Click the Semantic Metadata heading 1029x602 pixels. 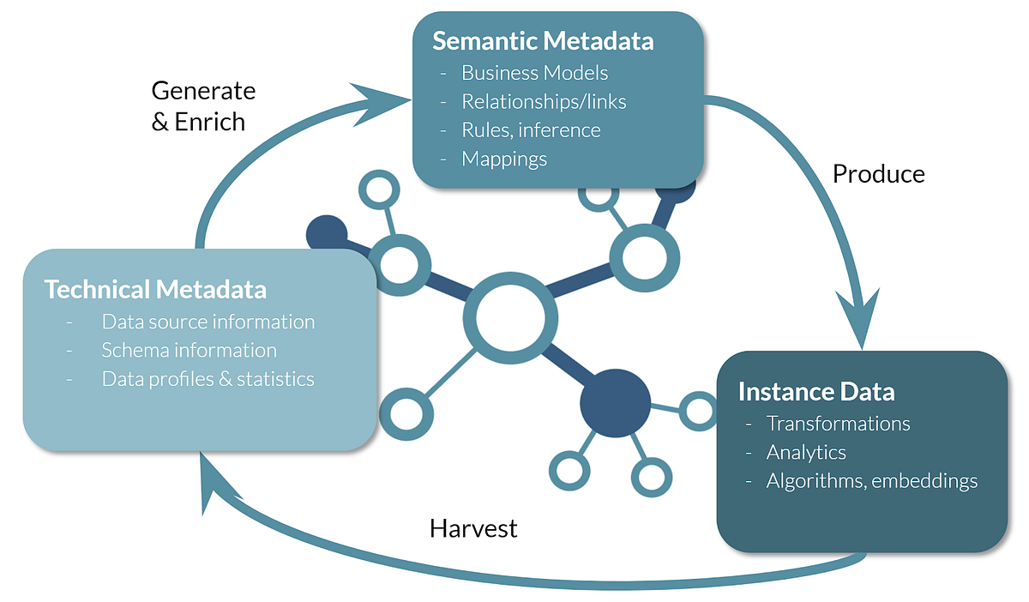542,41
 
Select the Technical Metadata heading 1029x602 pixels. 155,289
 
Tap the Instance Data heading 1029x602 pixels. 815,392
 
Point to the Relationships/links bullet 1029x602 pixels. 544,102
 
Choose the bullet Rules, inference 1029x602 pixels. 531,130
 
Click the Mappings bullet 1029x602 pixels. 504,159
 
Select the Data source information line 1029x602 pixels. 208,322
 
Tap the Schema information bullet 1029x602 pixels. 189,351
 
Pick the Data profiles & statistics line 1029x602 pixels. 208,379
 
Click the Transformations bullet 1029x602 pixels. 838,424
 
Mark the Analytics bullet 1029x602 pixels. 806,452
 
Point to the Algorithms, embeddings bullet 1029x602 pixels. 871,481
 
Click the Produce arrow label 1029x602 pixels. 879,174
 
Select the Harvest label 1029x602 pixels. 473,528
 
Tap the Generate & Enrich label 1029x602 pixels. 202,106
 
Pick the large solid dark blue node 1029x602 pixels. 615,403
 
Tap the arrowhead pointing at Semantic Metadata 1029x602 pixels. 386,101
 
